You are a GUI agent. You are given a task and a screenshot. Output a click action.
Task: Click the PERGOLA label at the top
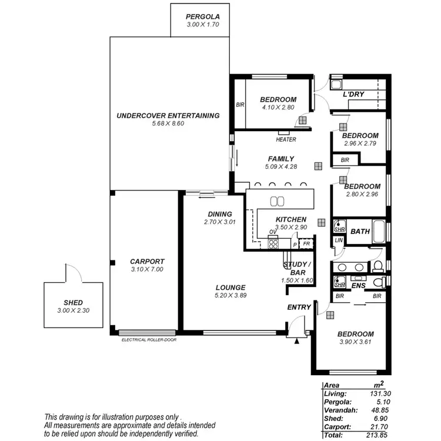point(202,16)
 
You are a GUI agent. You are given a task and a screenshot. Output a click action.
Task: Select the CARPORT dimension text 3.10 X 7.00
point(147,269)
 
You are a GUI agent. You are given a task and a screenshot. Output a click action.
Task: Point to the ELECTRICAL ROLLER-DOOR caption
point(149,340)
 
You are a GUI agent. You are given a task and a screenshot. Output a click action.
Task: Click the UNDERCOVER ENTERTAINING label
point(168,115)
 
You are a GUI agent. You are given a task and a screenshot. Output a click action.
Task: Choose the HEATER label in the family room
point(286,139)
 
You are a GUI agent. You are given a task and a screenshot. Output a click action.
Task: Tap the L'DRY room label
point(354,94)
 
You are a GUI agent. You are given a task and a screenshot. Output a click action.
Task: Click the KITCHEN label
point(291,219)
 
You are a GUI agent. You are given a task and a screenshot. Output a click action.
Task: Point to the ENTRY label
point(299,308)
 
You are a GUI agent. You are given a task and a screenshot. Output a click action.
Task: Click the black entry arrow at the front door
point(297,340)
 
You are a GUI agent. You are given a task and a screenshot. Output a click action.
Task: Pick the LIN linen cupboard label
point(338,240)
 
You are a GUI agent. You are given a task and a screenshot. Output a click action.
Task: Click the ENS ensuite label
point(359,286)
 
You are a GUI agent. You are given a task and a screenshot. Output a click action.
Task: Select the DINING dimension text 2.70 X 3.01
point(219,222)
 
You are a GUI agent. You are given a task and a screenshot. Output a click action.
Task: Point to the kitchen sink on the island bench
point(277,201)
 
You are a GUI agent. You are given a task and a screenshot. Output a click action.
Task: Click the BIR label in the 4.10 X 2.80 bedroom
point(240,105)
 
